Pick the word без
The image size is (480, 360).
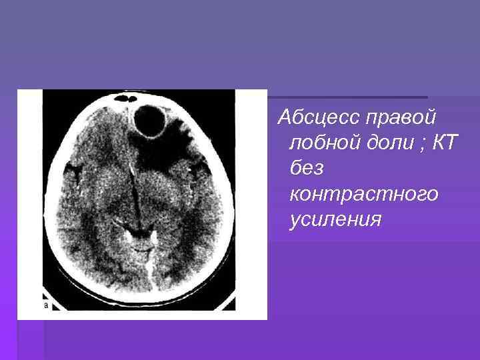pos(307,169)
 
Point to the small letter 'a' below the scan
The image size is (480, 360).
pos(46,305)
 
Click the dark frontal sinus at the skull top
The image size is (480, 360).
pos(125,99)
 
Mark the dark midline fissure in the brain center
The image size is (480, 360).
pos(135,193)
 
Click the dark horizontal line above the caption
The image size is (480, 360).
pos(347,97)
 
